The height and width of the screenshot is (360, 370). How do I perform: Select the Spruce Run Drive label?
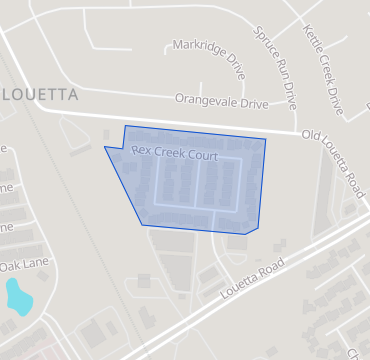[x=276, y=67]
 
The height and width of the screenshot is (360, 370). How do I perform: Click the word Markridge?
[x=192, y=46]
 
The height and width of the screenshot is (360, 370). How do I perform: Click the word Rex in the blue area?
[x=140, y=150]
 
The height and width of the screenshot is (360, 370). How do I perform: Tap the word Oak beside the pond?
[x=11, y=266]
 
